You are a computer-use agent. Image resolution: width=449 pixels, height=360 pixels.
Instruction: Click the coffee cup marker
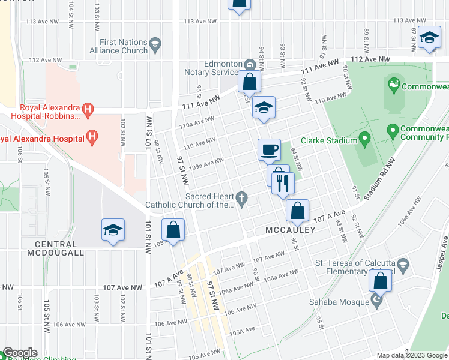[x=269, y=149]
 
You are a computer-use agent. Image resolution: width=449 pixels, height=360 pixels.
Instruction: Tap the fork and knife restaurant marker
[x=282, y=182]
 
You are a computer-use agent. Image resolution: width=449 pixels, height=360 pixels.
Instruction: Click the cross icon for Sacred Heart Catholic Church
[x=242, y=198]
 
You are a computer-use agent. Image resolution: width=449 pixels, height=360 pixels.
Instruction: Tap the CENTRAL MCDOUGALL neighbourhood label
[x=56, y=248]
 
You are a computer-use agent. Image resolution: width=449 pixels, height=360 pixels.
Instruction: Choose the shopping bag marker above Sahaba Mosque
[x=381, y=280]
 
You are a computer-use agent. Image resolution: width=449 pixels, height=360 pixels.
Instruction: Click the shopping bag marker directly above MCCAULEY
[x=297, y=210]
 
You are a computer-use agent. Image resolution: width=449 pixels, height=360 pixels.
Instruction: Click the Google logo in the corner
[x=20, y=353]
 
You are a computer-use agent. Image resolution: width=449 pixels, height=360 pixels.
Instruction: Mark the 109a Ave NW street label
[x=207, y=163]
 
